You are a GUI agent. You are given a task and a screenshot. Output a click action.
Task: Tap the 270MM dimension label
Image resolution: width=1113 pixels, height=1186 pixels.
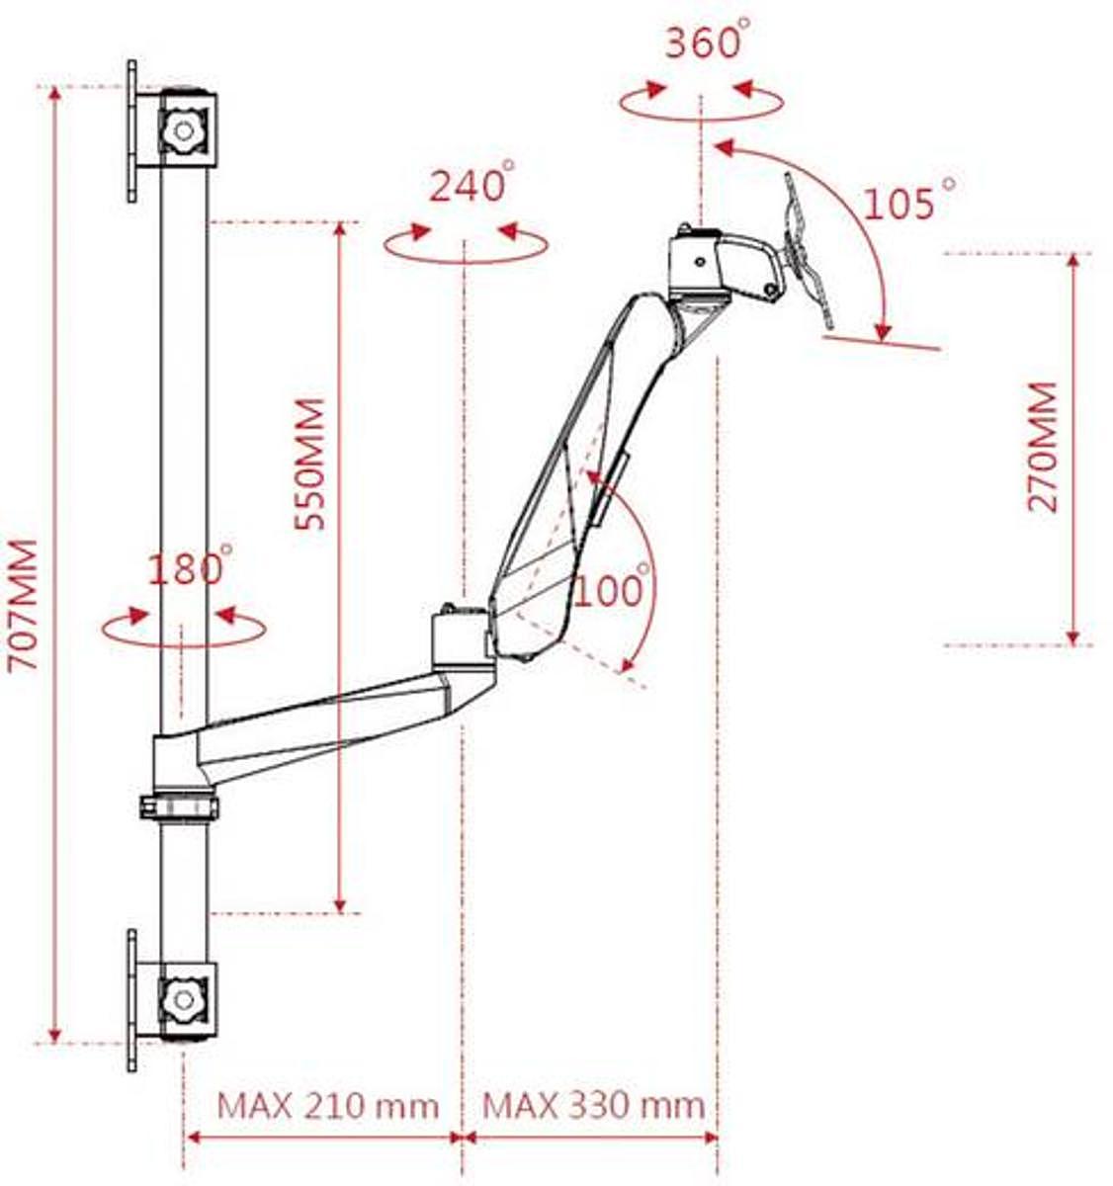click(x=1042, y=447)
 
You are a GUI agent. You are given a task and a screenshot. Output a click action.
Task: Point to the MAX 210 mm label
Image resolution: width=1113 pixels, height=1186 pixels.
click(x=327, y=1104)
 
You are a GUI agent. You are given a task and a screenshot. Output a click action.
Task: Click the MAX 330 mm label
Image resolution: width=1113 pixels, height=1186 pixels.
click(x=593, y=1104)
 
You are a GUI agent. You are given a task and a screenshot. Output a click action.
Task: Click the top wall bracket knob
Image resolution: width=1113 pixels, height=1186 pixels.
click(x=182, y=129)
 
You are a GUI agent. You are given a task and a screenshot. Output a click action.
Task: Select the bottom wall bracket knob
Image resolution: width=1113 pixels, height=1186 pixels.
click(x=182, y=999)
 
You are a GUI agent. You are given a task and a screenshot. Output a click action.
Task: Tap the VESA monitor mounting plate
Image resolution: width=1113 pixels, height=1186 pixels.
click(x=809, y=251)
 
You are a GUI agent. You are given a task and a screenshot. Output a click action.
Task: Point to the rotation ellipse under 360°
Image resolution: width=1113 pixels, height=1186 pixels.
click(x=702, y=101)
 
